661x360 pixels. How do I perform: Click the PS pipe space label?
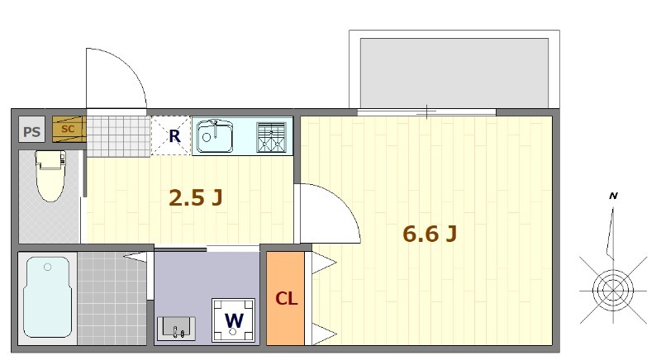(x=32, y=132)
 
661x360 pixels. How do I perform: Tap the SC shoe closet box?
(x=69, y=129)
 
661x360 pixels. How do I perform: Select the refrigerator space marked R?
(x=171, y=135)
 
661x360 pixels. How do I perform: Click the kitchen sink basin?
(x=215, y=136)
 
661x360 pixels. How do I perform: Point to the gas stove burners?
(x=272, y=137)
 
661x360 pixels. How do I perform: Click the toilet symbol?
(x=50, y=175)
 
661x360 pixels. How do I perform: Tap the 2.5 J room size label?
(x=196, y=197)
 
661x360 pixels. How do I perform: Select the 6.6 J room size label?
(x=430, y=234)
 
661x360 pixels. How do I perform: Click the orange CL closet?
(x=285, y=298)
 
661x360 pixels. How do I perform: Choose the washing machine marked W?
(x=234, y=320)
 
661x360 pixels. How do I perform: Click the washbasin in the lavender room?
(x=176, y=329)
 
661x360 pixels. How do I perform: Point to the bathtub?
(x=47, y=297)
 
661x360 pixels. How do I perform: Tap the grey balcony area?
(x=454, y=73)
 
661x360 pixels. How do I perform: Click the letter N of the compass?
(x=613, y=196)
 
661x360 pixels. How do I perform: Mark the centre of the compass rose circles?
(x=613, y=290)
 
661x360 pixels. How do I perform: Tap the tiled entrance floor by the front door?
(x=118, y=135)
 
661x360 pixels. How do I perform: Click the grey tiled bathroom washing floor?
(x=112, y=298)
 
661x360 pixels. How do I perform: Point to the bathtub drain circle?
(x=48, y=267)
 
